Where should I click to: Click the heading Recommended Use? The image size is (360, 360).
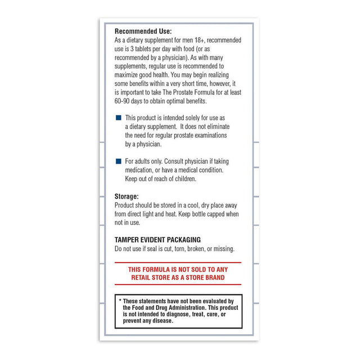coord(143,31)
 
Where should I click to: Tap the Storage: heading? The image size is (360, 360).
coord(127,197)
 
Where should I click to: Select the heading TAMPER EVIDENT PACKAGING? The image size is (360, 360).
coord(157,240)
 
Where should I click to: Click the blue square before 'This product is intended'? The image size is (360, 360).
coord(118,118)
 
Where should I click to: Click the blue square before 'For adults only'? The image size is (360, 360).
coord(118,161)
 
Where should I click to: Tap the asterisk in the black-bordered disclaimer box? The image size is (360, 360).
coord(120,301)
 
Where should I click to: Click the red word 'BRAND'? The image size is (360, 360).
coord(213,278)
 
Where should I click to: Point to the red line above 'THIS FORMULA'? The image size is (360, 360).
coord(178,263)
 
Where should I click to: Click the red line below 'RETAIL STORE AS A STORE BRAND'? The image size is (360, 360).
coord(178,285)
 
